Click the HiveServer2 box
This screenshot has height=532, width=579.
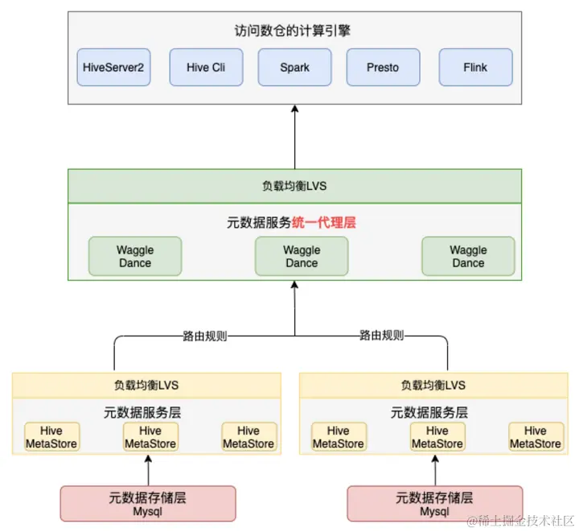click(113, 68)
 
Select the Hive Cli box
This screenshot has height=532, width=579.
click(206, 68)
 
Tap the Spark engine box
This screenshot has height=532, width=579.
click(294, 68)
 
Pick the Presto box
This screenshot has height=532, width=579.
click(383, 68)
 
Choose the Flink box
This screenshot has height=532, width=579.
click(475, 68)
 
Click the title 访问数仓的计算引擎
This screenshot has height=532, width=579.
click(294, 31)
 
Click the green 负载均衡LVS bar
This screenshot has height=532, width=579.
click(294, 186)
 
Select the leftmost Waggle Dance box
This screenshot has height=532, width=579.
click(135, 257)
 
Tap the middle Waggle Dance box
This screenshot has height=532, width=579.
click(302, 257)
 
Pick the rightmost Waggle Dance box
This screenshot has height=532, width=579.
click(468, 257)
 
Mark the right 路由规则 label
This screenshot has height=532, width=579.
click(381, 336)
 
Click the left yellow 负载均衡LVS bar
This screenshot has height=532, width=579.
click(146, 385)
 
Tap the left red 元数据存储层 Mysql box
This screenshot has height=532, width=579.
click(148, 504)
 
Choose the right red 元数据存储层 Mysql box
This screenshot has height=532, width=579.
click(435, 504)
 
